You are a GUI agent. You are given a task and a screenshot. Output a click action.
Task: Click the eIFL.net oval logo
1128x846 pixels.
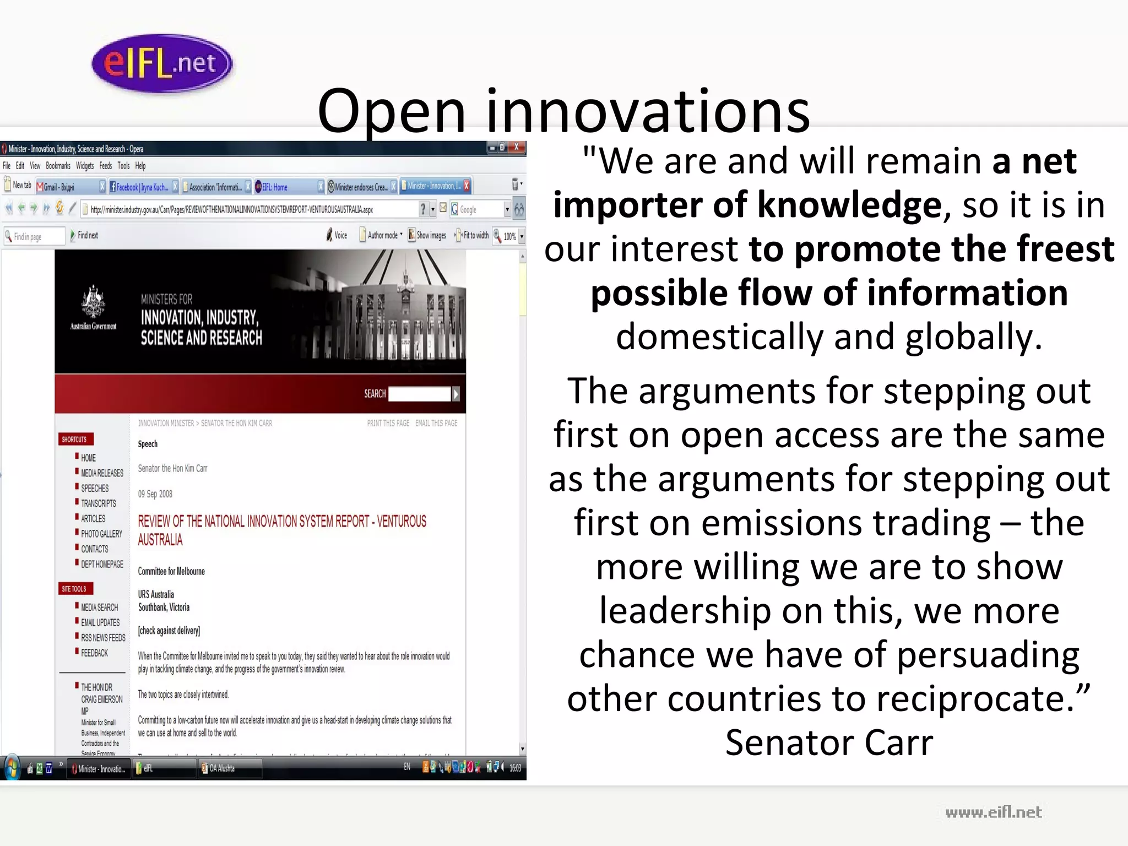pyautogui.click(x=162, y=63)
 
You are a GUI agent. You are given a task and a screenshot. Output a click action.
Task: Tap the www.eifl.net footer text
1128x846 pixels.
pyautogui.click(x=993, y=812)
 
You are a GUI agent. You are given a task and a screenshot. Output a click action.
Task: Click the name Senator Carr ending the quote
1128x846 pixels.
pyautogui.click(x=829, y=742)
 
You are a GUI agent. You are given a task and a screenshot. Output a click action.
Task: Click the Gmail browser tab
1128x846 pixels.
pyautogui.click(x=66, y=187)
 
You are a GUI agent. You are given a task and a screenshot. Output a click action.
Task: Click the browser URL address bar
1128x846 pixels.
pyautogui.click(x=248, y=209)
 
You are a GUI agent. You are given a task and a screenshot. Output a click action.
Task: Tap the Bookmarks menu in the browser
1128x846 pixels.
pyautogui.click(x=58, y=166)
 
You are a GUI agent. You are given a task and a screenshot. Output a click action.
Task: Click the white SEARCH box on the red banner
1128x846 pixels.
pyautogui.click(x=420, y=394)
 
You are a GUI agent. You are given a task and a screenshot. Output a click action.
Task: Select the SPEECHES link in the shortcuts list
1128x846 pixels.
pyautogui.click(x=95, y=489)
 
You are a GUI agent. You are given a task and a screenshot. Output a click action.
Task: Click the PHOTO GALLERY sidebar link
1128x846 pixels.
pyautogui.click(x=101, y=534)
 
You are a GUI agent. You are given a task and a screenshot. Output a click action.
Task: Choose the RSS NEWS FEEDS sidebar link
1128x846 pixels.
pyautogui.click(x=103, y=638)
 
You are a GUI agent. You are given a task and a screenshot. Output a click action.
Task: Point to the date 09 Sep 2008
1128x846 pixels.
pyautogui.click(x=155, y=494)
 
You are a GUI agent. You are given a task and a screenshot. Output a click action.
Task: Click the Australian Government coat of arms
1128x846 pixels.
pyautogui.click(x=93, y=302)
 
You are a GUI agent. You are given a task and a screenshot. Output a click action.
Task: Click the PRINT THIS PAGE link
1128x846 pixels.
pyautogui.click(x=388, y=423)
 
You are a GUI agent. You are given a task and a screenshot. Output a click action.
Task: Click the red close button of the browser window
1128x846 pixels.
pyautogui.click(x=517, y=147)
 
